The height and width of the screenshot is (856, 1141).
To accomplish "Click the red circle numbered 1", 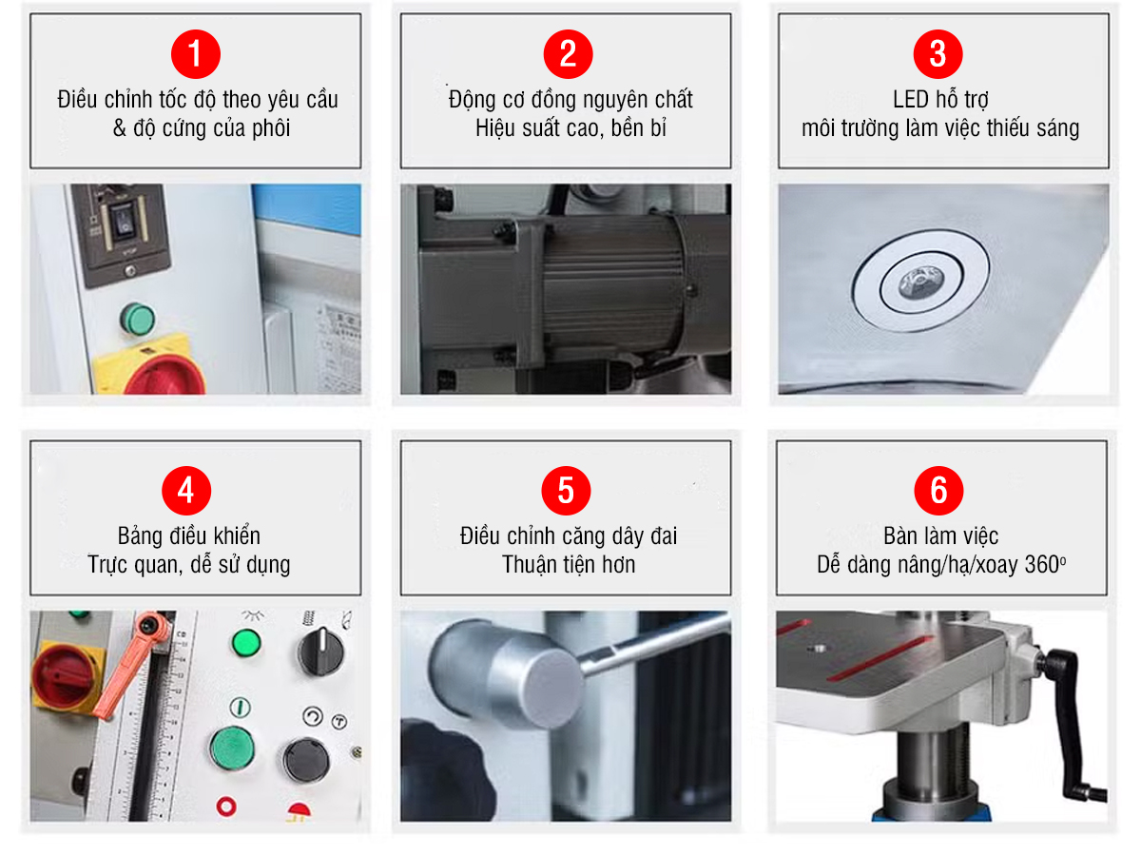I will pyautogui.click(x=195, y=53).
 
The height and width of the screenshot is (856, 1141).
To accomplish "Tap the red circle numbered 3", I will pyautogui.click(x=938, y=53).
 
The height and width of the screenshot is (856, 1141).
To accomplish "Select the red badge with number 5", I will pyautogui.click(x=566, y=491).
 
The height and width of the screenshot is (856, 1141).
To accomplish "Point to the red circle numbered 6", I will pyautogui.click(x=938, y=491).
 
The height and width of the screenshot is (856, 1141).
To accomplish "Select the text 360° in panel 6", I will pyautogui.click(x=1045, y=565).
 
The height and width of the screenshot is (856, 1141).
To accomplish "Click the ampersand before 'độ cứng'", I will pyautogui.click(x=120, y=128).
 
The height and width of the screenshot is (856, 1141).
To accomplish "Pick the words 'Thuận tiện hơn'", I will pyautogui.click(x=568, y=565).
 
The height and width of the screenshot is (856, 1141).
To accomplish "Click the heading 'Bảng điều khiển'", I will pyautogui.click(x=188, y=536).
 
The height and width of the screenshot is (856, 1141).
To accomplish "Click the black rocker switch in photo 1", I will pyautogui.click(x=122, y=224).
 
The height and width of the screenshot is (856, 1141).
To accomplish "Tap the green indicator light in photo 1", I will pyautogui.click(x=137, y=318).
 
